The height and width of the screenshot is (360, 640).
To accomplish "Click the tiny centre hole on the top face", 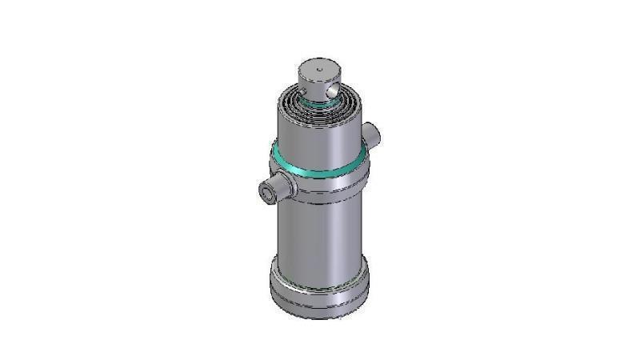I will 319,70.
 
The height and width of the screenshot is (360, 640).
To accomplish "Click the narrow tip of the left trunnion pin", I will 268,192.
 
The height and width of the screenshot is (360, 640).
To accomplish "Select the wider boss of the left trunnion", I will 286,186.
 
